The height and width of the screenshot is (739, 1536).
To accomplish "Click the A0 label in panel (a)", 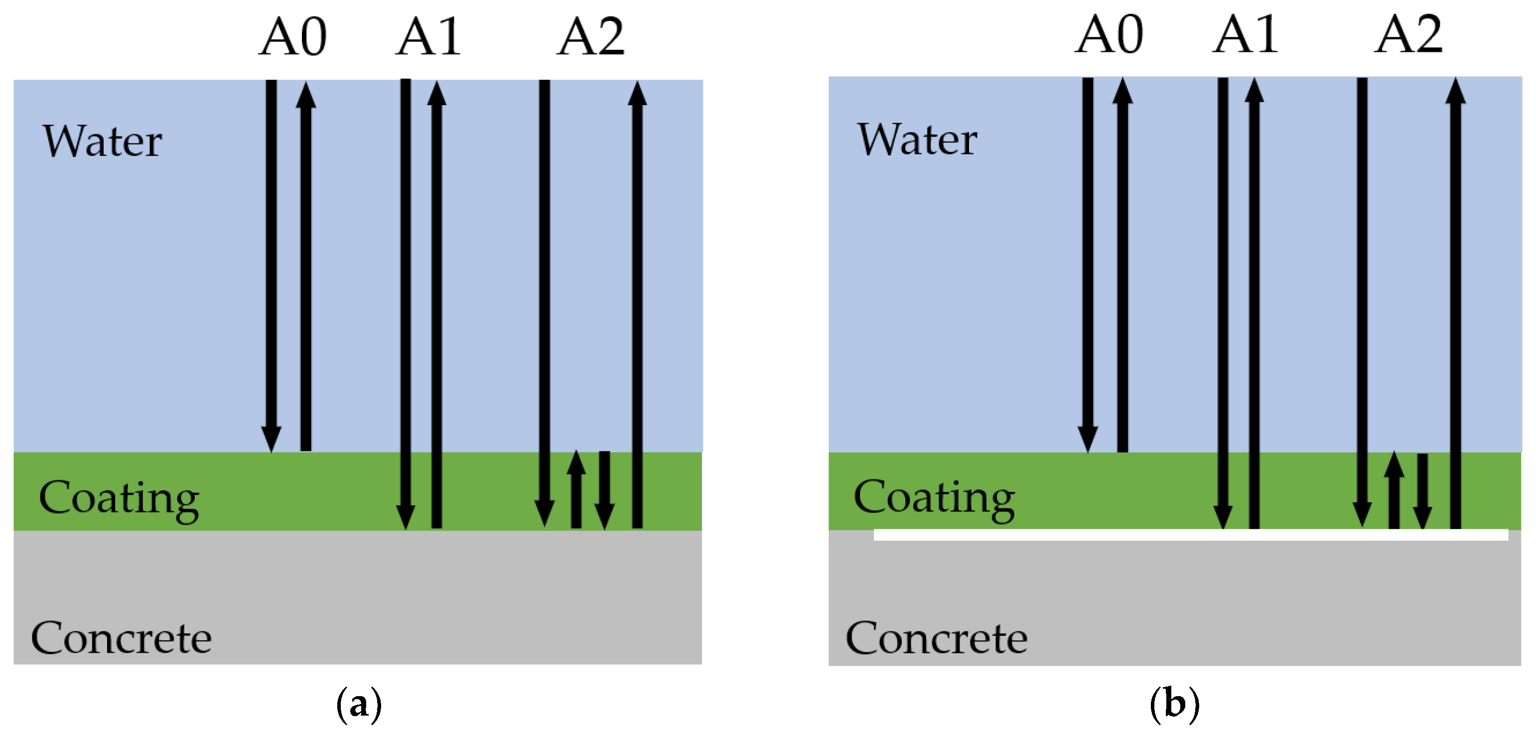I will click(x=293, y=37).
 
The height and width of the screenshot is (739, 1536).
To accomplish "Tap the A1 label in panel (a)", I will click(x=428, y=37).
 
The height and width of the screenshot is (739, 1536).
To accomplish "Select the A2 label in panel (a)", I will click(x=590, y=37).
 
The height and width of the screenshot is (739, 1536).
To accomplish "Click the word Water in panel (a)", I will click(x=102, y=142).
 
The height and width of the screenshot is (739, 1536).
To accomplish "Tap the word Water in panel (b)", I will click(x=917, y=140).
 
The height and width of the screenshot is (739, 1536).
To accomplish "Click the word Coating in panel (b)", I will click(x=934, y=497).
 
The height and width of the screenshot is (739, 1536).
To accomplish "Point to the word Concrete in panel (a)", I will click(x=121, y=638).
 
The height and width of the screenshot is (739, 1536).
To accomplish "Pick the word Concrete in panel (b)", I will click(x=936, y=638).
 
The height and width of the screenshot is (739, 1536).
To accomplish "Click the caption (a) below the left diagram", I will click(x=358, y=705).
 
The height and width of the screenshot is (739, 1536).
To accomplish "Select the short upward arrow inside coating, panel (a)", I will click(x=576, y=489).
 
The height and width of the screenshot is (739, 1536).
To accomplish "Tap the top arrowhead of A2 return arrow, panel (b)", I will click(x=1455, y=91).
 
